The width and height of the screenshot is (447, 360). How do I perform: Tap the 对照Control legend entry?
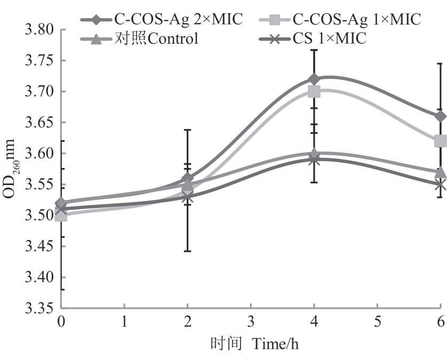141,38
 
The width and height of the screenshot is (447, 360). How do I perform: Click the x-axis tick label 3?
251,321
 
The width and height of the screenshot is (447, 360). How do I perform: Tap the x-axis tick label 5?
377,321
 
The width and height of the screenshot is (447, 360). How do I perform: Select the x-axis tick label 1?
124,321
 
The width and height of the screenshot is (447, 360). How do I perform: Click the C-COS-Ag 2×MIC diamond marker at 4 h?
314,79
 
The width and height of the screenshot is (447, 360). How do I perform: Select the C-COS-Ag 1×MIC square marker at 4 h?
314,92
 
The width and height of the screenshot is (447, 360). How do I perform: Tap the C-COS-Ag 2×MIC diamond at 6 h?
440,116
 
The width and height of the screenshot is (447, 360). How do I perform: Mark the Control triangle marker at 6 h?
440,172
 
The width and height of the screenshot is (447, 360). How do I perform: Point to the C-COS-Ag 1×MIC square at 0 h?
61,216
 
